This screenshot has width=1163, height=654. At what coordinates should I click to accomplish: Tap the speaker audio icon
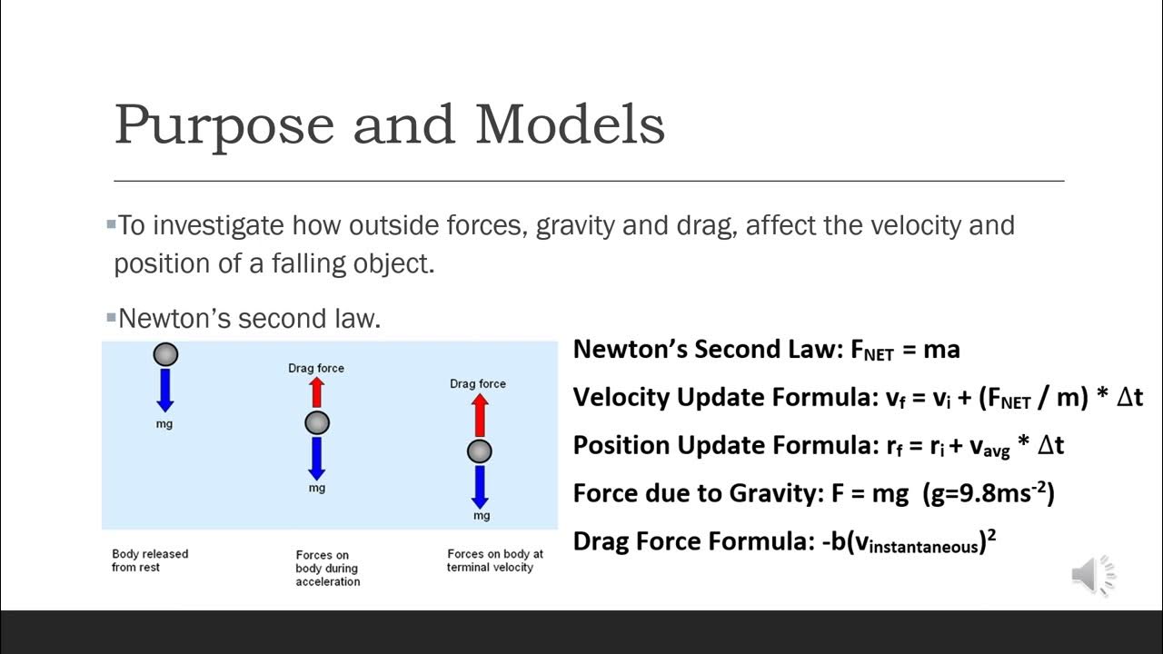click(x=1092, y=575)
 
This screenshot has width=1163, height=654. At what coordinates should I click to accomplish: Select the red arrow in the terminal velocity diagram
click(x=480, y=416)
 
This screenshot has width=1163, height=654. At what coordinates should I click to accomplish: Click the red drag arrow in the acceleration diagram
click(x=316, y=392)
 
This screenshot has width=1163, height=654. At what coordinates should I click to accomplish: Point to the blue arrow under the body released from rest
click(x=164, y=389)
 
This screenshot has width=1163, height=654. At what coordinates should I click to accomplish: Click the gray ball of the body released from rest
click(x=164, y=353)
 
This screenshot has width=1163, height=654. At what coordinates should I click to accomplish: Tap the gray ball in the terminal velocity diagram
click(x=480, y=451)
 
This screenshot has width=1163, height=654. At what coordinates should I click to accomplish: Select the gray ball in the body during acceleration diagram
click(x=316, y=422)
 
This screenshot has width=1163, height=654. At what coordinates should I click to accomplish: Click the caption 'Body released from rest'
click(x=150, y=560)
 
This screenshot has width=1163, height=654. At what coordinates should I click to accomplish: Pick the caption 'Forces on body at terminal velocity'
click(x=494, y=560)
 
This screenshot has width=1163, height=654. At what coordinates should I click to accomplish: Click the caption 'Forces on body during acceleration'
click(x=327, y=569)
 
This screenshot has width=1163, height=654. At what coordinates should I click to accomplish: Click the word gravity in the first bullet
click(x=575, y=225)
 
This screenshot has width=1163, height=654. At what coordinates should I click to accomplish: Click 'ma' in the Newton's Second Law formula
click(x=942, y=350)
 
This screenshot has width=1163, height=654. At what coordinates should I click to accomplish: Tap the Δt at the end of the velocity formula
click(x=1128, y=397)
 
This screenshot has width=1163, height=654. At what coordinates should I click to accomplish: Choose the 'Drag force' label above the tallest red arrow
click(x=478, y=383)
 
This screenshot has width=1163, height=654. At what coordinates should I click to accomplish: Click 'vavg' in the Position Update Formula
click(x=989, y=446)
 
